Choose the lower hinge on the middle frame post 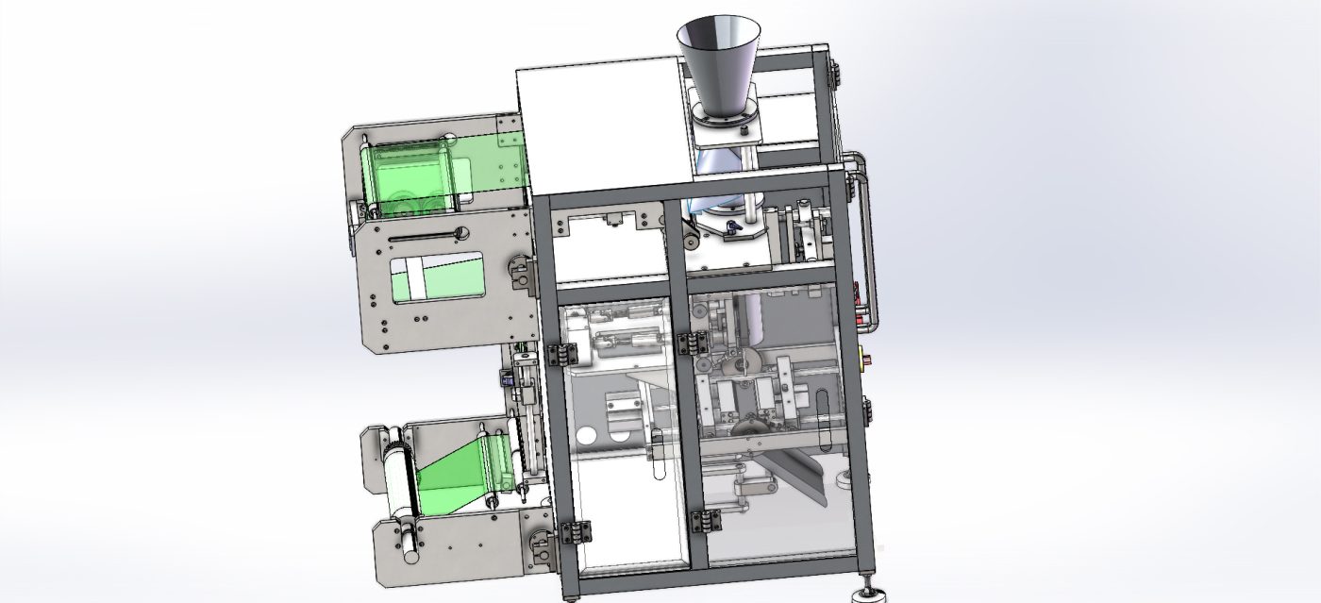tap(705, 521)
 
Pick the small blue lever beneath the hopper tap(734, 226)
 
